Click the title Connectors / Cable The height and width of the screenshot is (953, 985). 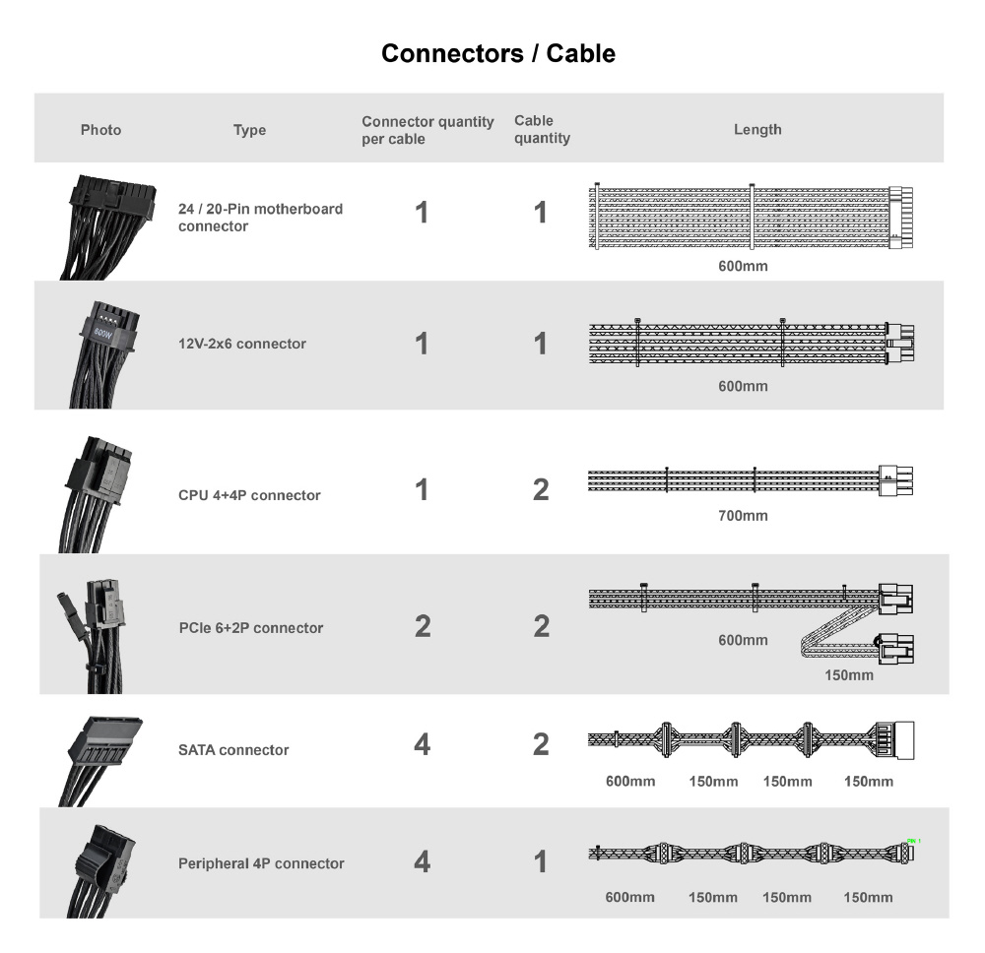498,53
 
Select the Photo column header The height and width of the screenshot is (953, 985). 100,130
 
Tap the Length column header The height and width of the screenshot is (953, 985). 757,129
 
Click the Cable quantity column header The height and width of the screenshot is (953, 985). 542,129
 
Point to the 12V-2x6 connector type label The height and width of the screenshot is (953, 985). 242,344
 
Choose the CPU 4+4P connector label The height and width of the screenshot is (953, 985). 249,495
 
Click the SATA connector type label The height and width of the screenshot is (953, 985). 233,749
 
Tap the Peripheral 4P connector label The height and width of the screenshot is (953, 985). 261,863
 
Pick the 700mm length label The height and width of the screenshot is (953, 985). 743,516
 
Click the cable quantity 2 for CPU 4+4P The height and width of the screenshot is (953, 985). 541,489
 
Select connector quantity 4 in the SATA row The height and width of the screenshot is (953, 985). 423,744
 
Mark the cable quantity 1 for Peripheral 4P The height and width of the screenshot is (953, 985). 541,861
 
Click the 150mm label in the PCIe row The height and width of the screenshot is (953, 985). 849,675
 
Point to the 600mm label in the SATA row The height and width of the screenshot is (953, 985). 630,781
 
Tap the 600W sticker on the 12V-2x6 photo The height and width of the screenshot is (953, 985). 103,333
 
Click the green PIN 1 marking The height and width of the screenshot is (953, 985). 914,841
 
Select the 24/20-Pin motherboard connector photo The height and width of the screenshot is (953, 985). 107,227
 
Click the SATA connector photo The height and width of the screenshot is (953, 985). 100,761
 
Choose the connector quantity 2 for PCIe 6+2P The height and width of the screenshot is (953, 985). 423,626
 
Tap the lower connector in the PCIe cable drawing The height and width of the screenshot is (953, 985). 896,649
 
